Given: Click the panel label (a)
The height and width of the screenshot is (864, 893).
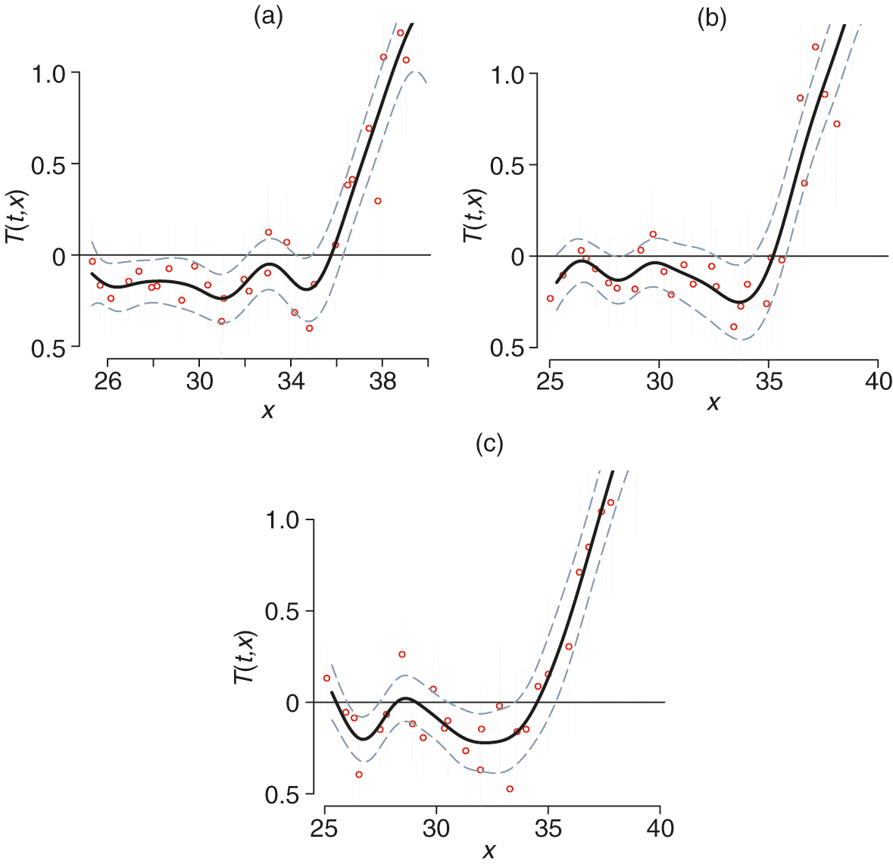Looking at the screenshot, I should click(x=268, y=17).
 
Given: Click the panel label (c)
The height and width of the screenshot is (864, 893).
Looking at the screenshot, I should click(x=489, y=444).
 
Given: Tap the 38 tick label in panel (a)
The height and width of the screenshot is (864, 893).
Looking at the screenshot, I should click(x=382, y=382).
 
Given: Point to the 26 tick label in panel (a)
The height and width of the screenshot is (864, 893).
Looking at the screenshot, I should click(x=108, y=382).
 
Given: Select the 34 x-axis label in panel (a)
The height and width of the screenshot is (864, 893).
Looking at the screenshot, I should click(x=291, y=382).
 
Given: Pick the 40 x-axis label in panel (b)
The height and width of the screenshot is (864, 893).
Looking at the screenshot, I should click(x=878, y=381).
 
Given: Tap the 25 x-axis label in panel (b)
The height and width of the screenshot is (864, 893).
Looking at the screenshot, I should click(x=550, y=381).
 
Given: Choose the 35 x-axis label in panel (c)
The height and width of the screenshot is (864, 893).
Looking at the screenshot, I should click(x=548, y=828).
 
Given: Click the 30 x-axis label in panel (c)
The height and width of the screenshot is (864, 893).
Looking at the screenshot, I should click(x=436, y=828).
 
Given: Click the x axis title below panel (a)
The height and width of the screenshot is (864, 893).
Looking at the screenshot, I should click(x=267, y=411).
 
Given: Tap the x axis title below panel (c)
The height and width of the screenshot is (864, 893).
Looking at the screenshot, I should click(x=489, y=851).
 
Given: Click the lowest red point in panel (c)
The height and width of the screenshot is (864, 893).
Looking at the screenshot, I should click(x=510, y=789).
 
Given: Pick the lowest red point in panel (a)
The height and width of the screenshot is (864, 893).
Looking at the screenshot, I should click(x=309, y=328).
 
